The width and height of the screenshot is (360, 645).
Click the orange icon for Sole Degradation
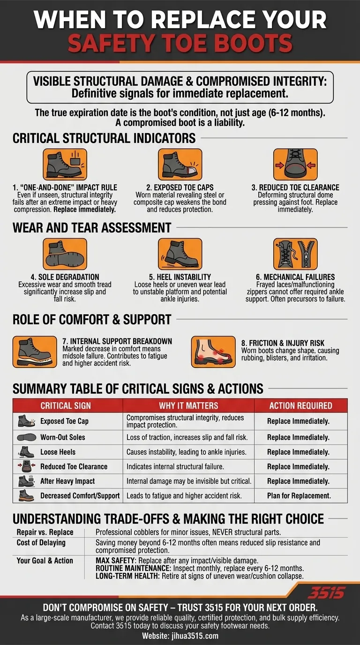point(65,254)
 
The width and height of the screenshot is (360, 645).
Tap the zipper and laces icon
point(295,254)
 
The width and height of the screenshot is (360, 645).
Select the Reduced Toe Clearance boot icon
point(295,165)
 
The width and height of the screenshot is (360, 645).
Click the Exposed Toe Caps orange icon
point(180,165)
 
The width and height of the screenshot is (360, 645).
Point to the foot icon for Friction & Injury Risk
point(213,352)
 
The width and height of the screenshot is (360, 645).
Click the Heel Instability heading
point(180,277)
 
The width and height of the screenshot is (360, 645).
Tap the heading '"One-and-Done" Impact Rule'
point(65,187)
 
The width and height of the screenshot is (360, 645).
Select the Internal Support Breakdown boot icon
point(35,352)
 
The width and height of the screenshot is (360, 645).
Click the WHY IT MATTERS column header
point(188,406)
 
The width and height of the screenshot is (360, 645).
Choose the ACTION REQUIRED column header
point(300,406)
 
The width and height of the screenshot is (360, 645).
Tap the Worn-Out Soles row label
point(63,437)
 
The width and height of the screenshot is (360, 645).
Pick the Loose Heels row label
point(58,452)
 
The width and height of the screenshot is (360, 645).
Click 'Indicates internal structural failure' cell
point(175,467)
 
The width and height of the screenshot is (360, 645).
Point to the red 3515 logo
point(326,593)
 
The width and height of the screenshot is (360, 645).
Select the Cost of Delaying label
point(41,543)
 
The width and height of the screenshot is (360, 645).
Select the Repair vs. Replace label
point(45,532)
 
